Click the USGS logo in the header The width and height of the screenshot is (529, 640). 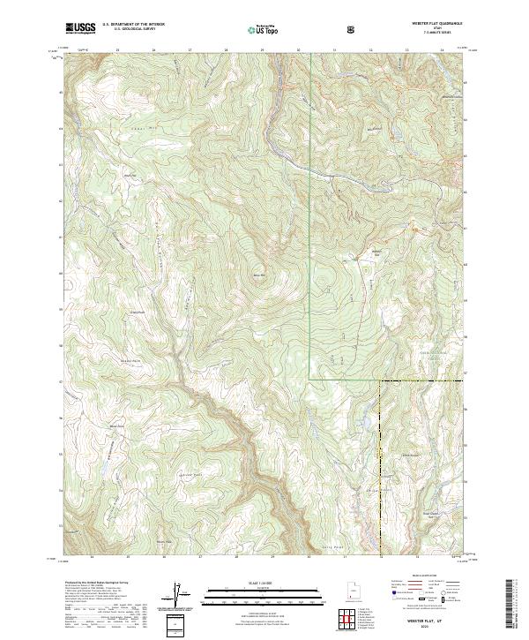point(80,28)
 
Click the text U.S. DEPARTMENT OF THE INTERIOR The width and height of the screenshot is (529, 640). point(133,25)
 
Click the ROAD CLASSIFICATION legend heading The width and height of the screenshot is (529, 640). point(421,580)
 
